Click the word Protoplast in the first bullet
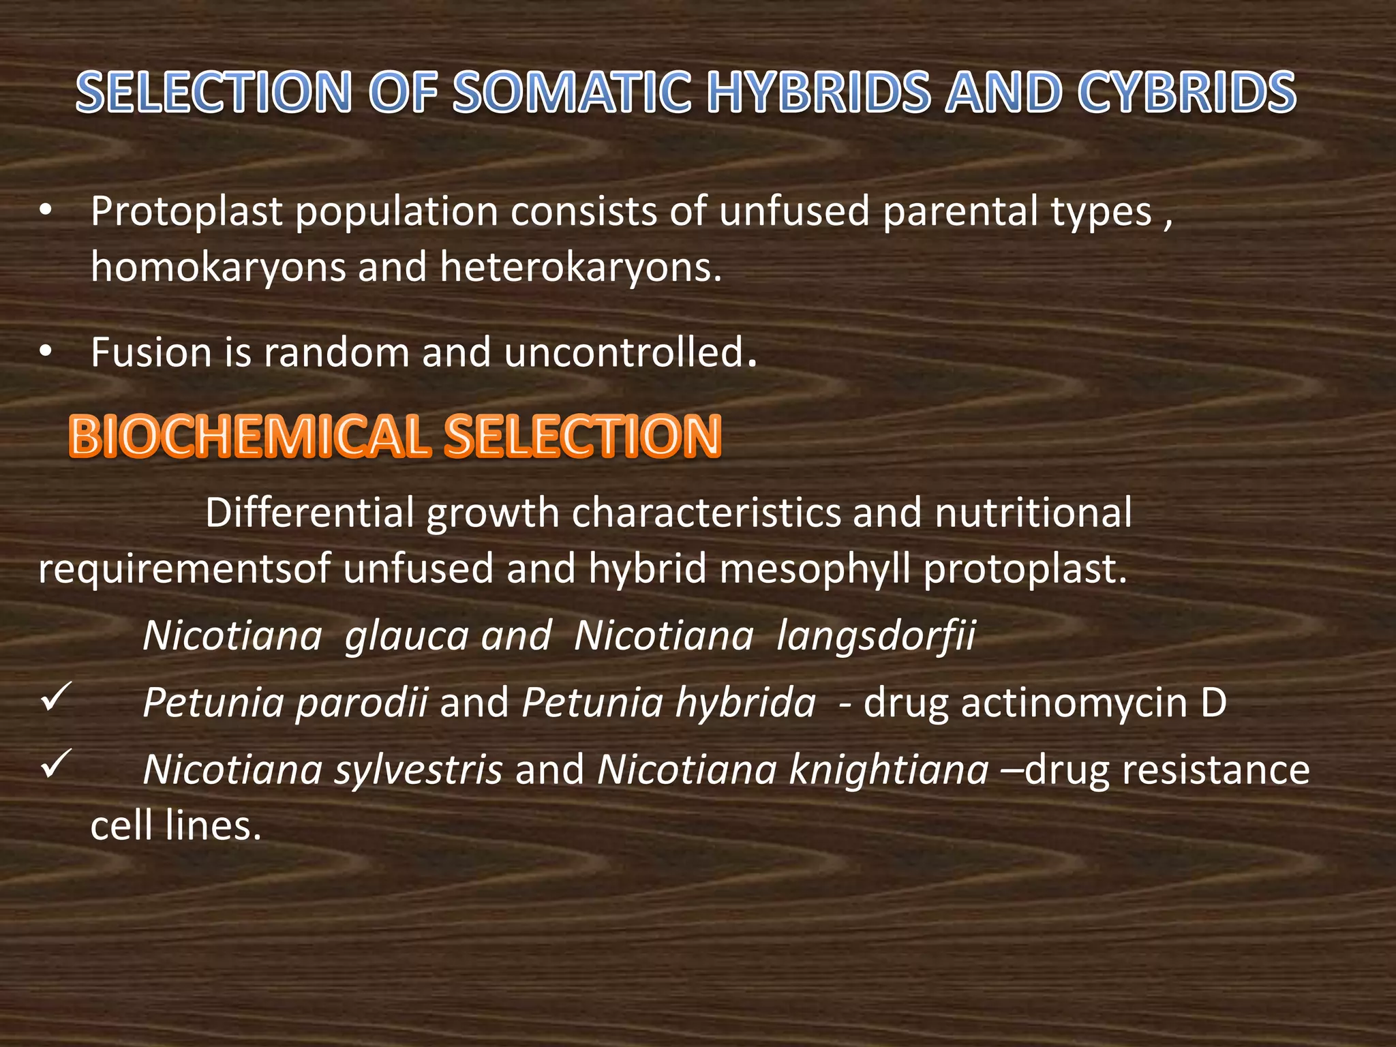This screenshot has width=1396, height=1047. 186,212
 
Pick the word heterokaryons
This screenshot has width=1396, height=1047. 580,267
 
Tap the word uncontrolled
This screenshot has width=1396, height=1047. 631,353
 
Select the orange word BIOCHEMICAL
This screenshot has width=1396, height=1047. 249,436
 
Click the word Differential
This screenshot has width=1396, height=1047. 309,513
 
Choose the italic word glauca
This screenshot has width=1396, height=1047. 407,636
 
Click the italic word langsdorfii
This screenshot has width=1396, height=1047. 876,636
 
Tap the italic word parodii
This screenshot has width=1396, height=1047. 361,703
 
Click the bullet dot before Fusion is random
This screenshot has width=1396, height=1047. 45,352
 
